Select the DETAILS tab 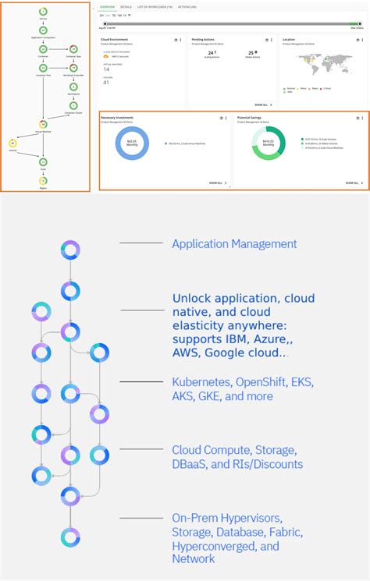tap(126, 6)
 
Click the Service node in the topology tap(43, 11)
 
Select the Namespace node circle tap(73, 86)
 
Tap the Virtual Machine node tap(44, 124)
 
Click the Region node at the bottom tap(43, 181)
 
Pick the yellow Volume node tap(13, 143)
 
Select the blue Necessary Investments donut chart tap(131, 143)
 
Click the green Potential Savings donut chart tap(269, 143)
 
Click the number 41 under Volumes tap(107, 82)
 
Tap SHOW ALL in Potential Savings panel tap(350, 183)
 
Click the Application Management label tap(234, 244)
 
